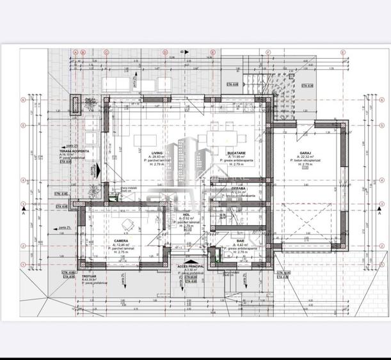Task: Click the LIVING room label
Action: click(157, 153)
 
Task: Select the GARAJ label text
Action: click(306, 153)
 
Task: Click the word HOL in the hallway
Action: click(187, 215)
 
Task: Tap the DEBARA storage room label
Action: click(239, 189)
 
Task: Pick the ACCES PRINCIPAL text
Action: click(190, 265)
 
